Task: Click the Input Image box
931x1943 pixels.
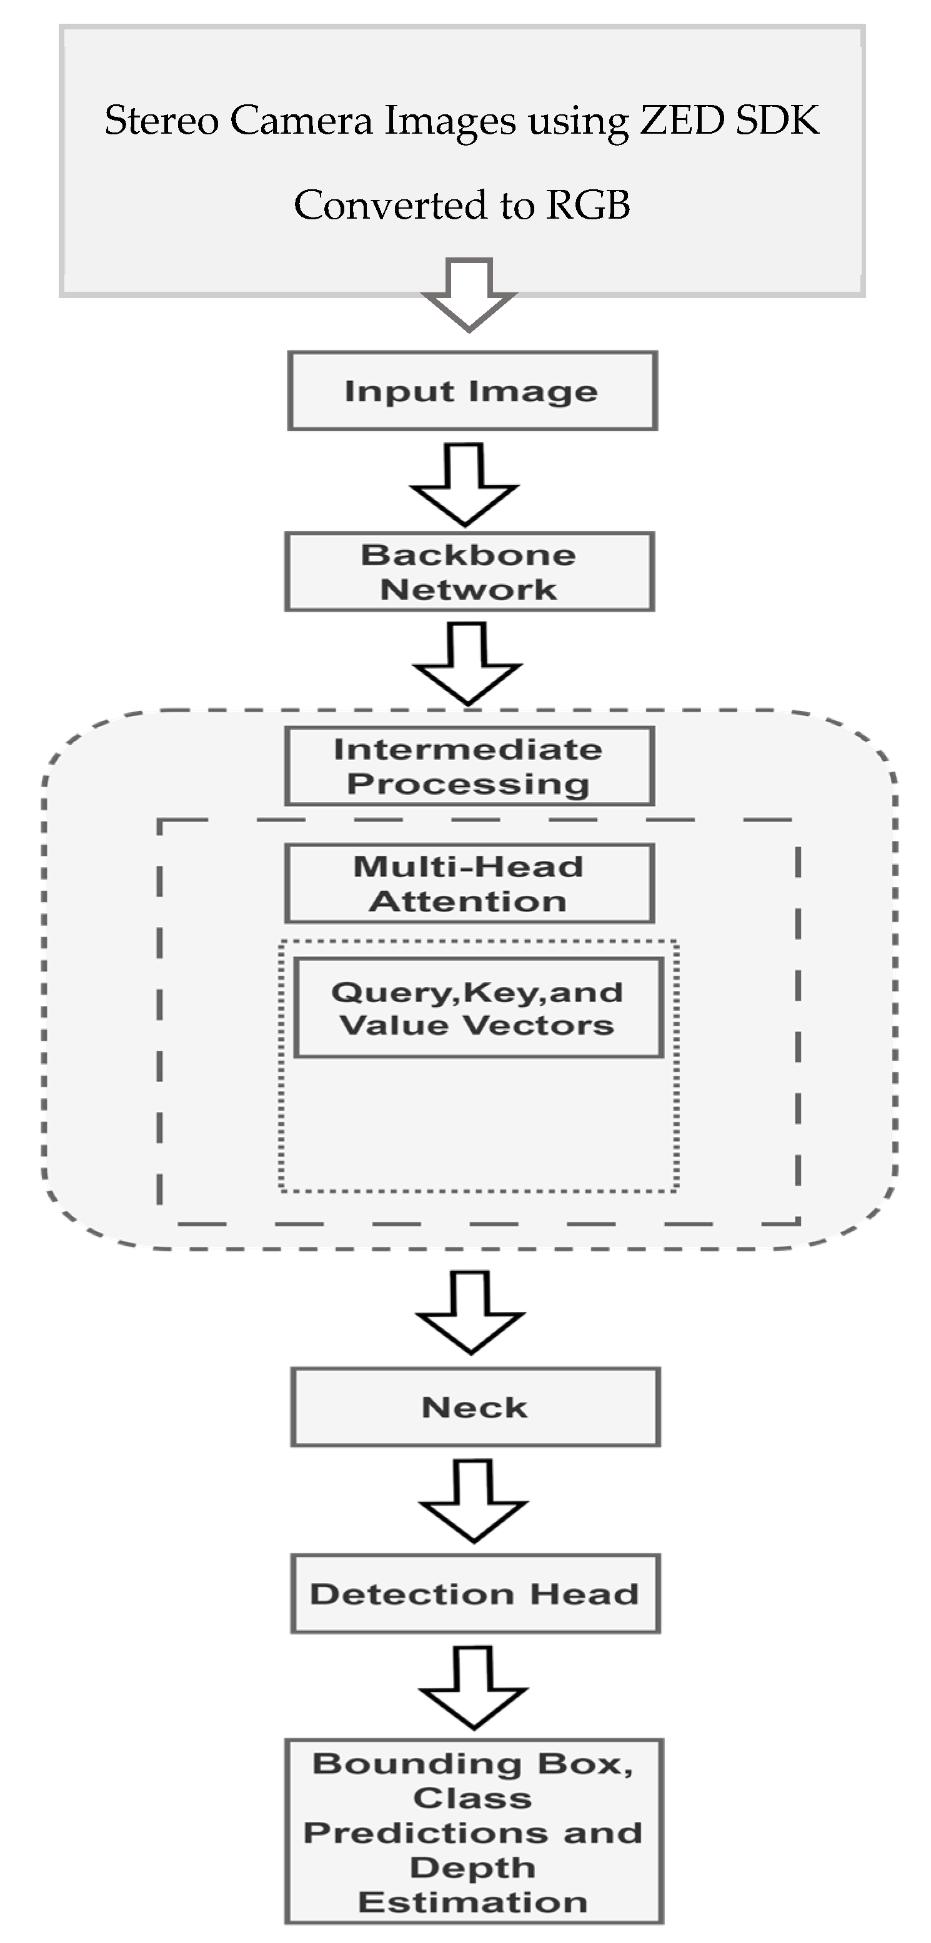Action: (472, 390)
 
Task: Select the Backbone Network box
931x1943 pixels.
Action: (469, 572)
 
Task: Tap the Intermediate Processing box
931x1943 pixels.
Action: (469, 767)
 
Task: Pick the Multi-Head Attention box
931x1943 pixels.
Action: (469, 883)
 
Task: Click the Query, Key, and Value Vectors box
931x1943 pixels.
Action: (477, 1008)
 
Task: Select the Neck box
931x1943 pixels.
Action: (475, 1407)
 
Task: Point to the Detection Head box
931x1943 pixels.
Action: (475, 1594)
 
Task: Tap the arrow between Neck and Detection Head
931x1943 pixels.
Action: (473, 1500)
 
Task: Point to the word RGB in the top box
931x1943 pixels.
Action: (588, 204)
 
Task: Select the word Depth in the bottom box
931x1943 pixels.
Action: (472, 1867)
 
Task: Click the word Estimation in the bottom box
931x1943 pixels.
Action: (472, 1902)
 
